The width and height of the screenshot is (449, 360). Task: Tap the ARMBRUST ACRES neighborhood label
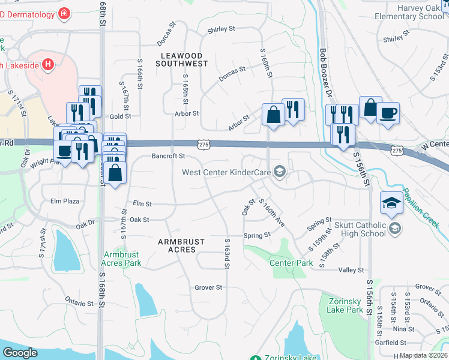point(181,245)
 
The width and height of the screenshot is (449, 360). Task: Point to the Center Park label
point(291,263)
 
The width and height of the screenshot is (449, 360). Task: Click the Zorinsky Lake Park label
point(346,305)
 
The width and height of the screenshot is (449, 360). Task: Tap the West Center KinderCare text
point(227,173)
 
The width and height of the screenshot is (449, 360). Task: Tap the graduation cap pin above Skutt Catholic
point(391,203)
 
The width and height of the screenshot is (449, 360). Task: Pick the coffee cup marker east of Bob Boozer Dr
point(388,113)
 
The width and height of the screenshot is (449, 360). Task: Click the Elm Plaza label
point(65,201)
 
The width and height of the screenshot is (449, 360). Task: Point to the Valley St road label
point(351,271)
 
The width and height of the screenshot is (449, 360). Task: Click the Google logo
point(20,353)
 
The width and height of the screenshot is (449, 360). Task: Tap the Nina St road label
point(399,329)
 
